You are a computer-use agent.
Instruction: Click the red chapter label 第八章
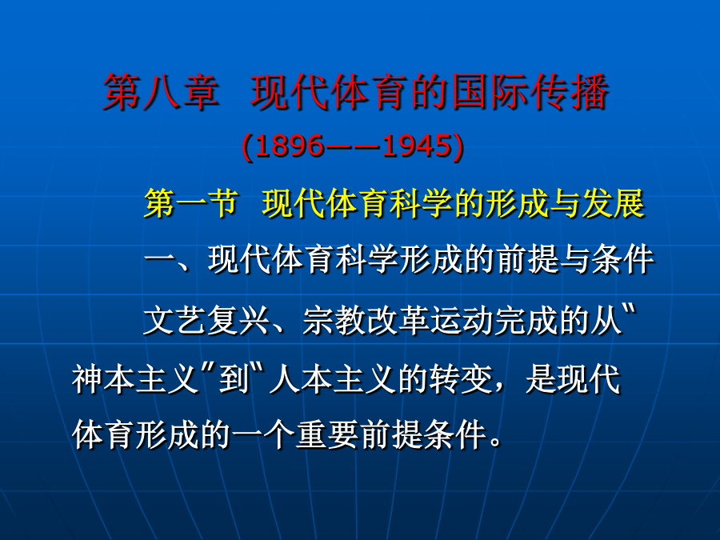click(x=160, y=92)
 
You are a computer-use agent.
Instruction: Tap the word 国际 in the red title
click(x=490, y=92)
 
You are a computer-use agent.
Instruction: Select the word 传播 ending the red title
click(x=570, y=92)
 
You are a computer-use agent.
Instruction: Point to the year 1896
click(x=290, y=146)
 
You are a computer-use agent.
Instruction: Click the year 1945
click(x=417, y=146)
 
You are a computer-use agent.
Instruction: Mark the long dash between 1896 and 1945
click(x=354, y=147)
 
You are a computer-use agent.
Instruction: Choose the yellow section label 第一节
click(x=191, y=203)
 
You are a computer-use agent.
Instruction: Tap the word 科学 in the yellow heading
click(x=421, y=203)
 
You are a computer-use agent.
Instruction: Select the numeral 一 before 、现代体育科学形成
click(x=160, y=260)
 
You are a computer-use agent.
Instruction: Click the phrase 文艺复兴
click(x=207, y=320)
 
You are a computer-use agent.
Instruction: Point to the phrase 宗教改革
click(x=366, y=320)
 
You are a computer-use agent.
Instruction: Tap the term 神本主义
click(x=135, y=379)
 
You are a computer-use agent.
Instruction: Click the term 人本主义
click(x=333, y=379)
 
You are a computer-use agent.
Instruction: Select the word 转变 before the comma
click(x=461, y=379)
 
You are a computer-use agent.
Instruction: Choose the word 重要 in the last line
click(x=327, y=434)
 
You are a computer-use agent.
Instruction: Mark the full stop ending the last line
click(x=496, y=442)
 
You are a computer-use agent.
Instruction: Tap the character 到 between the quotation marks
click(x=234, y=379)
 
